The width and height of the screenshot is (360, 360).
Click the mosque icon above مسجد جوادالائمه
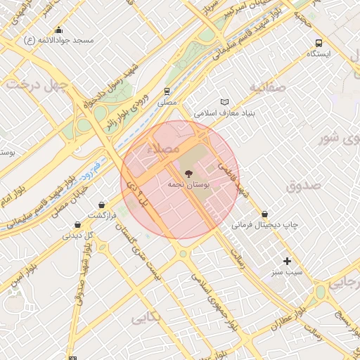(x=58, y=30)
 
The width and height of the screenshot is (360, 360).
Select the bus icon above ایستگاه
(x=319, y=43)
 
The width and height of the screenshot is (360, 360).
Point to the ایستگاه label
(x=320, y=53)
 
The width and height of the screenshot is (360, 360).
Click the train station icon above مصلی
(x=167, y=91)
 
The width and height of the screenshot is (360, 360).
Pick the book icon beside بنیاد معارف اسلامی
(x=225, y=102)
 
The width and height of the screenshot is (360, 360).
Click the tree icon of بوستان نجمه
(x=187, y=173)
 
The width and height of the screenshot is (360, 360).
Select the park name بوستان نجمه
(x=186, y=184)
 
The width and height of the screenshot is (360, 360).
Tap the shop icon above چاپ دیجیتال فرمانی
(x=264, y=214)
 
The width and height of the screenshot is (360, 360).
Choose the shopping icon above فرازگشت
(x=102, y=205)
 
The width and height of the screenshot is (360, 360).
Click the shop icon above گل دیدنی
(x=77, y=225)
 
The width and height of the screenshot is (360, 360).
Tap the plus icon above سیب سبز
(x=287, y=261)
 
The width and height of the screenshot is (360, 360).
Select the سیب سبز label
(x=287, y=271)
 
